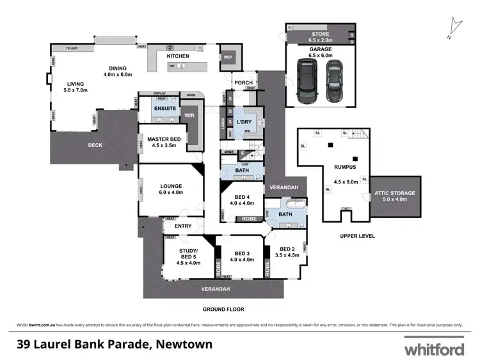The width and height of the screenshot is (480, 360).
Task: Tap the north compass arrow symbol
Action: (455, 24)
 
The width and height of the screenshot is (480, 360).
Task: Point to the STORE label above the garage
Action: (319, 33)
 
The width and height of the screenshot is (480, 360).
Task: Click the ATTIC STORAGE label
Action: (394, 192)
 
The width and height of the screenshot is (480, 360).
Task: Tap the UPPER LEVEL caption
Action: (357, 236)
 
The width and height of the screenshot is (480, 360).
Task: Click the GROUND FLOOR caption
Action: (223, 309)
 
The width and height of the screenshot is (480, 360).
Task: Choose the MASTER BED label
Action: (163, 139)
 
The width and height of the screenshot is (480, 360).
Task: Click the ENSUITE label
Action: (164, 109)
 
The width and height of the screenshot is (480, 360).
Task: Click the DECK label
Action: (95, 145)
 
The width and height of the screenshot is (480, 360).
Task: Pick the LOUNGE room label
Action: (171, 186)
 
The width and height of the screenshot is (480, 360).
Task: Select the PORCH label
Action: (243, 83)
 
